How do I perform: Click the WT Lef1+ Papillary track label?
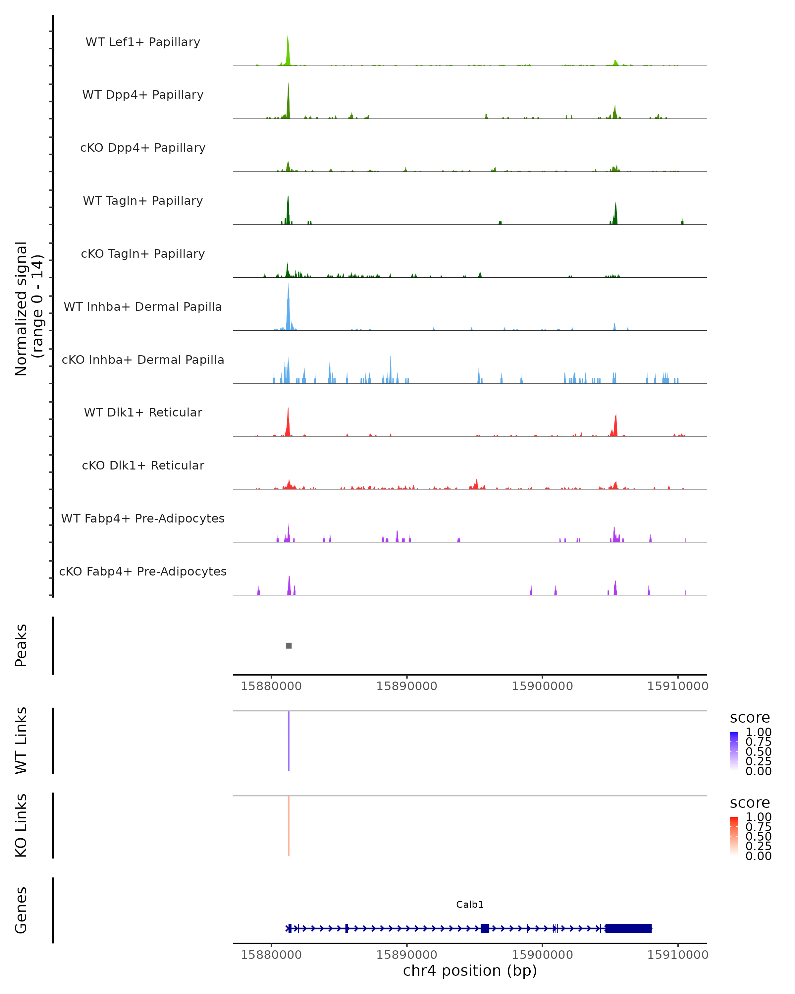point(143,42)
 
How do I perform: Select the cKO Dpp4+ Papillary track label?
point(143,148)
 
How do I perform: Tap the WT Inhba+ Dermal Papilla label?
point(143,307)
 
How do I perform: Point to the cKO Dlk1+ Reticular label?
point(143,466)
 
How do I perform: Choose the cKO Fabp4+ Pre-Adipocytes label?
point(143,572)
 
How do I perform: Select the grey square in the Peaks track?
point(289,645)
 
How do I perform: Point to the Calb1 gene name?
point(470,905)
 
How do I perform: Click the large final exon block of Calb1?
point(628,928)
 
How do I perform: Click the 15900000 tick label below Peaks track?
point(542,686)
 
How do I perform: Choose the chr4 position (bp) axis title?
point(470,971)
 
